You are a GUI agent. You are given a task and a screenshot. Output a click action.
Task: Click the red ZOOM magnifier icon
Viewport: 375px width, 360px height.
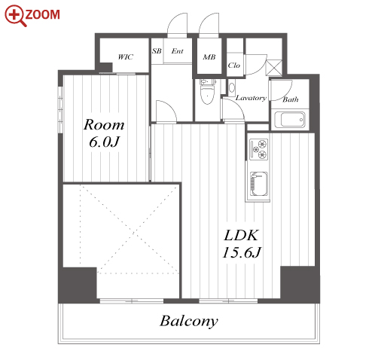pos(15,16)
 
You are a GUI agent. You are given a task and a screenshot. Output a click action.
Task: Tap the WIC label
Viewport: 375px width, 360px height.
pos(125,57)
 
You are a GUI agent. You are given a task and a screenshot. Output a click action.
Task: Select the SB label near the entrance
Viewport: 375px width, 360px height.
pos(157,51)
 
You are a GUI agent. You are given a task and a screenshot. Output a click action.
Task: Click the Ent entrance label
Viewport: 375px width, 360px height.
pos(177,51)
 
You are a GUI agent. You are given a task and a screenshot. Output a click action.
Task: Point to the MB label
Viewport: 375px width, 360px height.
pos(209,57)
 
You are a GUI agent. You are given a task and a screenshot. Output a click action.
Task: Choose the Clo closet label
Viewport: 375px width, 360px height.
pos(234,66)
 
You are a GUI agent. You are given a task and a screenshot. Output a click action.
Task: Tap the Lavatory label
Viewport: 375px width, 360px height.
pos(251,98)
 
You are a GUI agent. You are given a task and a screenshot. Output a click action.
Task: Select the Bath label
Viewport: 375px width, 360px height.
pos(291,99)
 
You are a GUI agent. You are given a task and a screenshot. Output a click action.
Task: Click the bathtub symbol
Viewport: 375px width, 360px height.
pos(290,120)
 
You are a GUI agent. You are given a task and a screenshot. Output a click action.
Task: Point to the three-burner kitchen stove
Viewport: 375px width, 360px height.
pos(259,149)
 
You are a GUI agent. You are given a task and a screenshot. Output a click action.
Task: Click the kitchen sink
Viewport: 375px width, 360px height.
pos(258,184)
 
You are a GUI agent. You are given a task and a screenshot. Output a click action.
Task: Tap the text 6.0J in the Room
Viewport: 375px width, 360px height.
pos(104,142)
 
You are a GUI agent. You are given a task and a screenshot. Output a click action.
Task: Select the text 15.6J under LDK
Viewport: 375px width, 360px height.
pos(242,252)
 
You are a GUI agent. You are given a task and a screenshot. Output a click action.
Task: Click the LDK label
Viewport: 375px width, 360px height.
pos(241,236)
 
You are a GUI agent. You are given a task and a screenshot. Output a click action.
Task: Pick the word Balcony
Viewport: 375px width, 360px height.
pos(189,321)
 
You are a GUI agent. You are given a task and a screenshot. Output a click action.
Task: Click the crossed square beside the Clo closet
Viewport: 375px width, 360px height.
pos(274,68)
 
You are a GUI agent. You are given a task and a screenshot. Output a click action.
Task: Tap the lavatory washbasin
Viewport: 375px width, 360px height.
pos(232,88)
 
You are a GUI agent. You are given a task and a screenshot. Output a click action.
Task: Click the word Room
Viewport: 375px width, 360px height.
pos(104,125)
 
